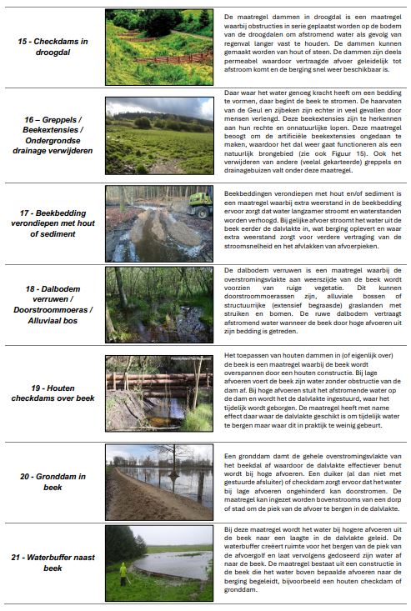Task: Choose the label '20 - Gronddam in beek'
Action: (x=53, y=481)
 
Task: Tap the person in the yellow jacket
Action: (x=123, y=573)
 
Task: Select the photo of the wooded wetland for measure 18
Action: (x=158, y=304)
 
